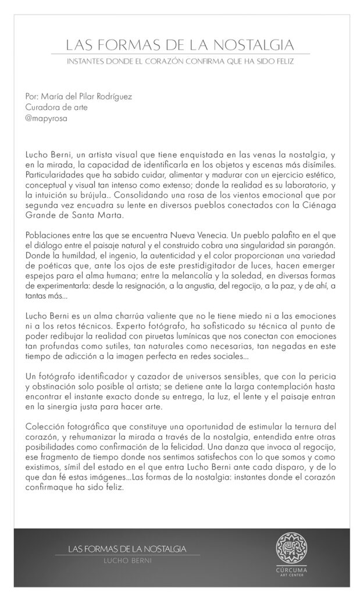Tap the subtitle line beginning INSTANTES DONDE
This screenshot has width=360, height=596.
coord(180,60)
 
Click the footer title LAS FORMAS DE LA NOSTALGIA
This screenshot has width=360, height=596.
coord(127,548)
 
